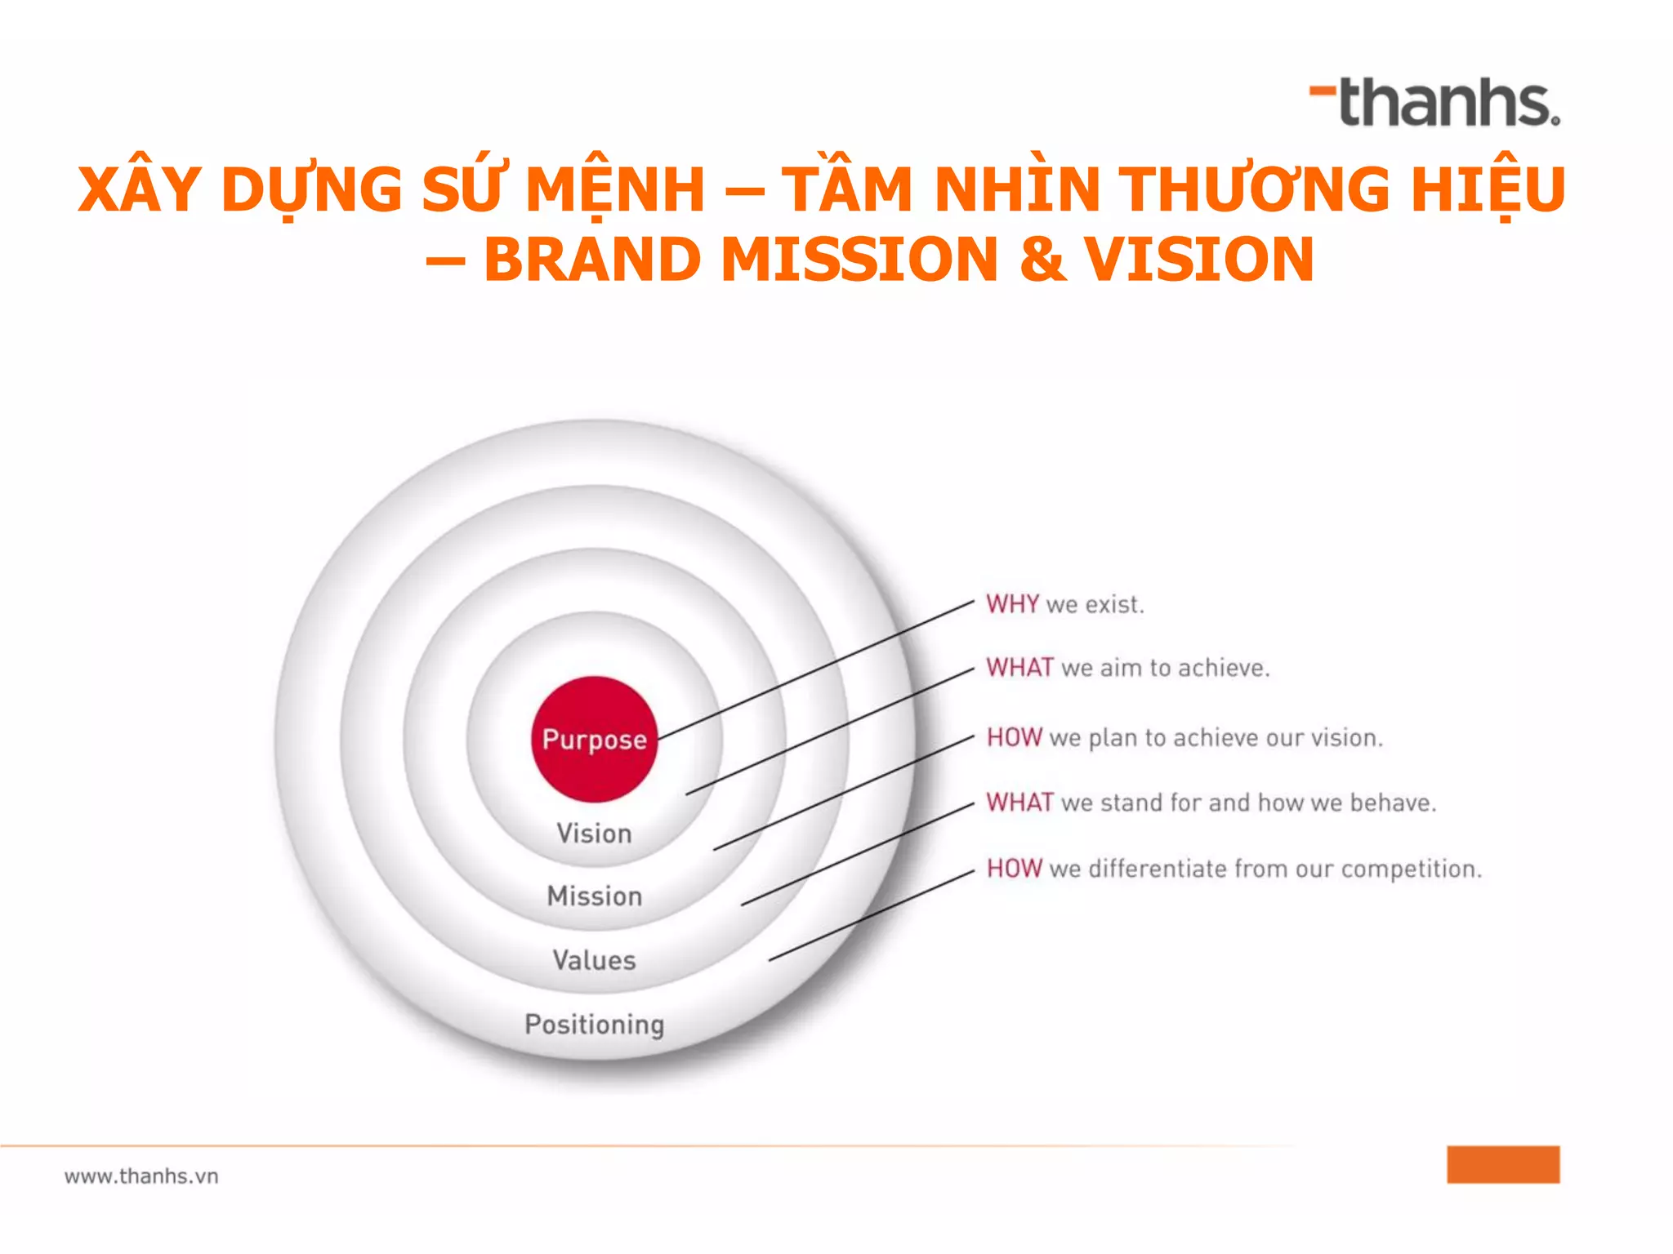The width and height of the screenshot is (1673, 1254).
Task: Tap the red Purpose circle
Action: tap(594, 739)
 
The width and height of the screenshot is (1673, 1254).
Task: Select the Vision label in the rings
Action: tap(594, 834)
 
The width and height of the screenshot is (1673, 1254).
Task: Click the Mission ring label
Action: tap(594, 896)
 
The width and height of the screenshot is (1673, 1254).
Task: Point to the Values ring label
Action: tap(594, 960)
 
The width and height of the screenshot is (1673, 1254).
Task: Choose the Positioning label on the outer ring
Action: tap(594, 1024)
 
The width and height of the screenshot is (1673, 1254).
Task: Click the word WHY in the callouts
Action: tap(1012, 604)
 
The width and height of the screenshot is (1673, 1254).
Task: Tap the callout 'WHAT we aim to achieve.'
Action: tap(1127, 668)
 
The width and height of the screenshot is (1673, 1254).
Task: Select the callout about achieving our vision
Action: tap(1184, 738)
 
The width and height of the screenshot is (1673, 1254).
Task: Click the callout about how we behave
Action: tap(1211, 803)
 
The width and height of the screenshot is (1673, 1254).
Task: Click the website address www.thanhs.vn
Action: tap(141, 1176)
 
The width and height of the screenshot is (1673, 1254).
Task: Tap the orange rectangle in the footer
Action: tap(1503, 1164)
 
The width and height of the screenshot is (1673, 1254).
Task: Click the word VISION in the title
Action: tap(1198, 260)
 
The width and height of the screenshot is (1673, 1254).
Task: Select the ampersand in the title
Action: tap(1042, 260)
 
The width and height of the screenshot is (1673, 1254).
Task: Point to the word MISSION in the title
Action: tap(859, 260)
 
